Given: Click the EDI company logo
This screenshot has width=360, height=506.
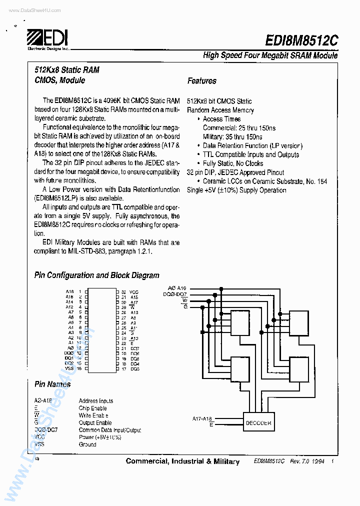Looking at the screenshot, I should [47, 37].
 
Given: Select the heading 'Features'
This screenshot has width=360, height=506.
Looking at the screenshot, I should [201, 80].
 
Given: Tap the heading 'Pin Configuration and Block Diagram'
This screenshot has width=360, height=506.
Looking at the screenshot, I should [96, 275].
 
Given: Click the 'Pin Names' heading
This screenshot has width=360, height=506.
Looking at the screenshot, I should [52, 384].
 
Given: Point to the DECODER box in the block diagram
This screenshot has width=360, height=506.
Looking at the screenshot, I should [258, 423].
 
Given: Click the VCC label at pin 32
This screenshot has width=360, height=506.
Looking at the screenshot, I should [134, 291].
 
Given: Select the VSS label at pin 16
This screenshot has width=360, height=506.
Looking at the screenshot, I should [69, 368].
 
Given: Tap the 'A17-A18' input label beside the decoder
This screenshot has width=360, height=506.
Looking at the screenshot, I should [202, 418].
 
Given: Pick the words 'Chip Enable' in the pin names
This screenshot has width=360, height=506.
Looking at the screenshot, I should [92, 408].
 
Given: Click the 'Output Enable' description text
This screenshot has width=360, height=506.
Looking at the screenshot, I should [95, 423].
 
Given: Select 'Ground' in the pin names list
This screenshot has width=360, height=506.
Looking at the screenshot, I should [87, 444].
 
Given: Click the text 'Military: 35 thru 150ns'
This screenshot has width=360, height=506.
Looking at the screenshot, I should [232, 137].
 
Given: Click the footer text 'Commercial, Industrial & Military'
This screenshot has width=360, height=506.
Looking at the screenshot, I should [182, 461].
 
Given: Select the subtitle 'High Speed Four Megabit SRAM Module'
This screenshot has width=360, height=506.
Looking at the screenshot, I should [270, 55].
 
